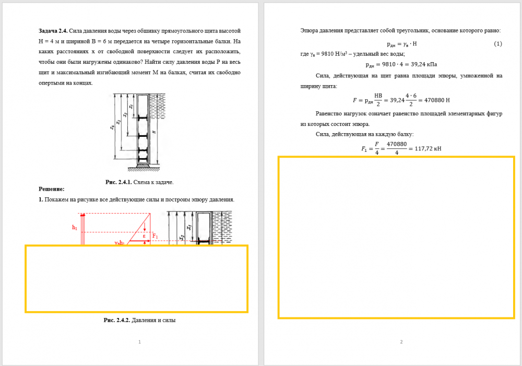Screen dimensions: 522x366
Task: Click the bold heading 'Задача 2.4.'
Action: coord(53,31)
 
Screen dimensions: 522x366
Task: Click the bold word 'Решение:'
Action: coord(52,189)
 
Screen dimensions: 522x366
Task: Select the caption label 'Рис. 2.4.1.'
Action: coord(118,182)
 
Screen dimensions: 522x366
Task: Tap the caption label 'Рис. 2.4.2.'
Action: coord(117,320)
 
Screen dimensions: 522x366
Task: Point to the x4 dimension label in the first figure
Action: coord(113,127)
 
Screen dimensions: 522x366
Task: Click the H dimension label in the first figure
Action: coord(154,132)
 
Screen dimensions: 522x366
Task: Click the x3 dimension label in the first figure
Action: coord(119,122)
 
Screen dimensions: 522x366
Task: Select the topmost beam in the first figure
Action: coord(143,117)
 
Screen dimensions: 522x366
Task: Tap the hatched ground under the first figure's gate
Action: coord(144,169)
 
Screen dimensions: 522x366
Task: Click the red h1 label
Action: coord(75,228)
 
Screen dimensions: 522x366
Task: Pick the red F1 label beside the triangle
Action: coord(155,236)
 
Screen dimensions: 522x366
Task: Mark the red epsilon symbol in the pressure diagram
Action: coord(144,236)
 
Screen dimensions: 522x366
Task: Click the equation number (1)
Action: coord(497,44)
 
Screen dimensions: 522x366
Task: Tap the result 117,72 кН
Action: coord(428,148)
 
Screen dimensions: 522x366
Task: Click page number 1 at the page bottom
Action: coord(139,341)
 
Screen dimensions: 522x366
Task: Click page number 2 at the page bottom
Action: coord(401,341)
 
